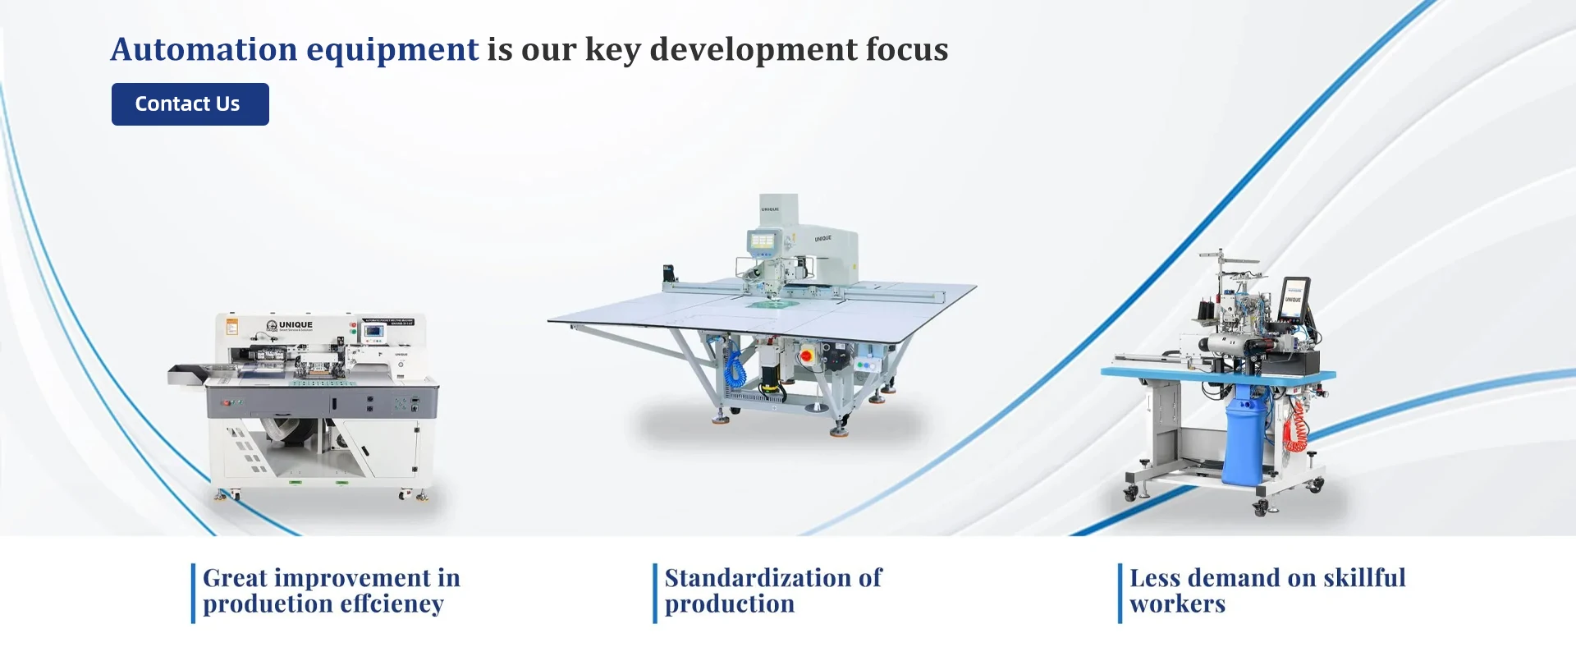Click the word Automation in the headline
204,49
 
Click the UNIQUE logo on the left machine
290,325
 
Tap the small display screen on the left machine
374,332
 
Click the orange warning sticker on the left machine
232,327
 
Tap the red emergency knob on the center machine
806,356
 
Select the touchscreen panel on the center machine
763,241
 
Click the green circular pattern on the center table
770,303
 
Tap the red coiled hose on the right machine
1294,427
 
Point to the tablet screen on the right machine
1294,297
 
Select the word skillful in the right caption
1364,578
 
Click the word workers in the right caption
1178,604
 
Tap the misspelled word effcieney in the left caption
392,604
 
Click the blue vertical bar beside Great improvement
194,593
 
